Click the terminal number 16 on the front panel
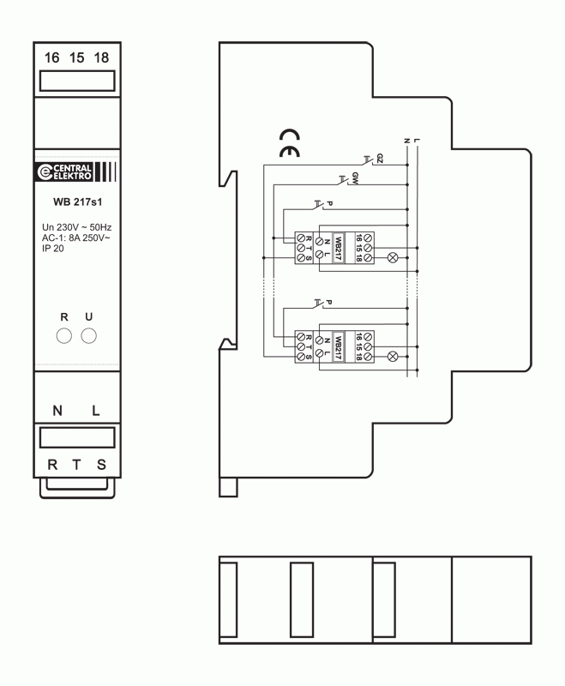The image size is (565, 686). tap(51, 57)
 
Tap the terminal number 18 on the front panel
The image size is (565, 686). tap(101, 57)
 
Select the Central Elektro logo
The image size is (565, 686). tap(76, 172)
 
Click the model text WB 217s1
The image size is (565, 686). tap(77, 202)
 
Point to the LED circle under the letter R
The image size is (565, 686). tap(63, 336)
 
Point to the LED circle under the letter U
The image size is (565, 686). tap(89, 336)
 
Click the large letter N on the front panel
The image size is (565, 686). tap(57, 411)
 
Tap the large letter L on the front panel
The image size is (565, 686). tap(96, 411)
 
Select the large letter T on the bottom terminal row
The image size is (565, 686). tap(76, 465)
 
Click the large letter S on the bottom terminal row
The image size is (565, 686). tap(101, 465)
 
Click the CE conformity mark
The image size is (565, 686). tap(290, 143)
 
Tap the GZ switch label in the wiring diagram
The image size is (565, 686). tap(380, 159)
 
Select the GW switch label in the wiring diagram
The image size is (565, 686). tap(355, 178)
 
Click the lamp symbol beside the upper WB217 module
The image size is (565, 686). tap(393, 258)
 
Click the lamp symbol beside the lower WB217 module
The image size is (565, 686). tap(393, 357)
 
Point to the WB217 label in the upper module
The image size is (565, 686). tap(338, 248)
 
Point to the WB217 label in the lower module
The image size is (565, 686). tap(338, 347)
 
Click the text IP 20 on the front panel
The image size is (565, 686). tap(53, 249)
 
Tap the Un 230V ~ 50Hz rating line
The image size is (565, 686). tap(77, 227)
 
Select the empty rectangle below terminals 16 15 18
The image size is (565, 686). tap(77, 81)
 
